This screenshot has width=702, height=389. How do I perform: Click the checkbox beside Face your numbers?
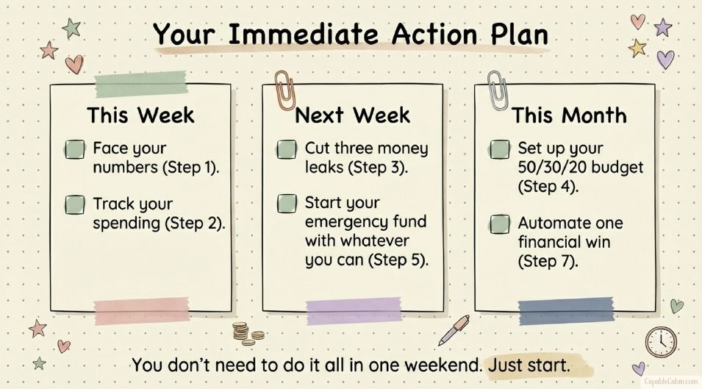coord(75,149)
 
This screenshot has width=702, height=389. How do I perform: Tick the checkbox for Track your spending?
coord(75,204)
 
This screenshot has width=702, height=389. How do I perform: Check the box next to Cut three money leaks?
coord(287,149)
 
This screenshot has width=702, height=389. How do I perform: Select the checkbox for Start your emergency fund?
coord(287,203)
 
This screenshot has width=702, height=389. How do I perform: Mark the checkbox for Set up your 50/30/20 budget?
coord(499,149)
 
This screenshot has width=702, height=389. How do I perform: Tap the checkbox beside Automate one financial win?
coord(499,224)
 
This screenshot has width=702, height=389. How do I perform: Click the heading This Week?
coord(140,115)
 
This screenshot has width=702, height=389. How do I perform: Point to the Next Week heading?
coord(352,115)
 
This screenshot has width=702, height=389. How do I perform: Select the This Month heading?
coord(569,115)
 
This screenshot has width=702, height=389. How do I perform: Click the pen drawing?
coord(454,330)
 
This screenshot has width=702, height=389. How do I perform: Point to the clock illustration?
coord(661,343)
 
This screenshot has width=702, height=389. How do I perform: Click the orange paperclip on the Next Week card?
coord(284,90)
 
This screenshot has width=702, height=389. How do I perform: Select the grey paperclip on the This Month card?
coord(497,90)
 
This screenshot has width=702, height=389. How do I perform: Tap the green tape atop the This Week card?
coord(141,84)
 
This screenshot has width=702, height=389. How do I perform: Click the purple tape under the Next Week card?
coord(354,310)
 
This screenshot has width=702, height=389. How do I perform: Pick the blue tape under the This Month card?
coord(566,310)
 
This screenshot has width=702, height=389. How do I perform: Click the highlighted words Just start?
coord(529,365)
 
